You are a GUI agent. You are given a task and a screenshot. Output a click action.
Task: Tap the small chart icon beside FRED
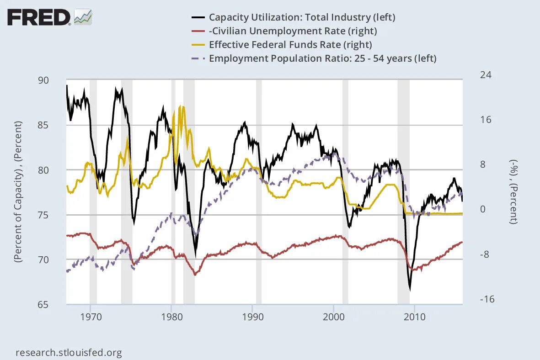coord(83,17)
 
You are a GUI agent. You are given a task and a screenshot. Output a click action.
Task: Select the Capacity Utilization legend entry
coord(302,17)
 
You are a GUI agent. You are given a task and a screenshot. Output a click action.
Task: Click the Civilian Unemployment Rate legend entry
coord(293,31)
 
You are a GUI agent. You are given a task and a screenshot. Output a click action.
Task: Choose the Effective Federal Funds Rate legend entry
coord(290,45)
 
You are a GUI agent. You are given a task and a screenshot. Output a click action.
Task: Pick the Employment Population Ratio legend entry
coord(322,58)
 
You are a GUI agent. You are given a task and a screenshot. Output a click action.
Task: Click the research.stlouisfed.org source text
coord(69,353)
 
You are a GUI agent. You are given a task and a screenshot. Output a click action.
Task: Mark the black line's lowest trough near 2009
coord(410,289)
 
